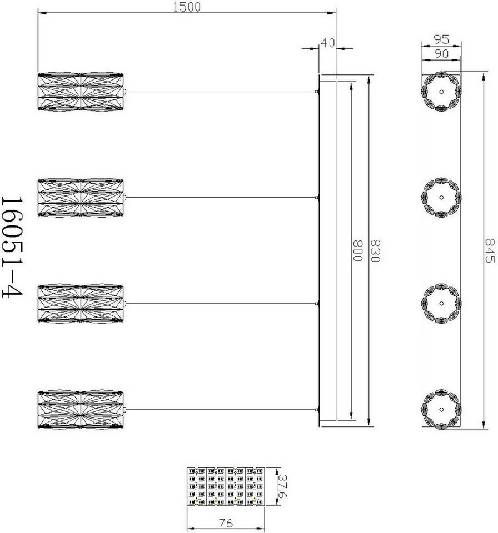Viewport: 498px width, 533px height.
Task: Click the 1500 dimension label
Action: [187, 7]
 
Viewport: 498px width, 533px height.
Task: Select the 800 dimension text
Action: [358, 251]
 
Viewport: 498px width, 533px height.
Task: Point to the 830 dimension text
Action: [375, 251]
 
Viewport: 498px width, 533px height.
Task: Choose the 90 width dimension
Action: [441, 53]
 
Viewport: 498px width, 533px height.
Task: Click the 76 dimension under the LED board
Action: [225, 523]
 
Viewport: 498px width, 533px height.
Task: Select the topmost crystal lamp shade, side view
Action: [81, 91]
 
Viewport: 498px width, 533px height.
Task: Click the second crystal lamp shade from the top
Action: [81, 197]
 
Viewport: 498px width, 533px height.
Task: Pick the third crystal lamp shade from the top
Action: [81, 303]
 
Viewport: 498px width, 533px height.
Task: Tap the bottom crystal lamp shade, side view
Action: [81, 410]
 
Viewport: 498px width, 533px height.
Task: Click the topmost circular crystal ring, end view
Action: [441, 92]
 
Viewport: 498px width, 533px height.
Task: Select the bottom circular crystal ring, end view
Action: [441, 410]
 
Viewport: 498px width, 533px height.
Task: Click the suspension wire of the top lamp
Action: [222, 92]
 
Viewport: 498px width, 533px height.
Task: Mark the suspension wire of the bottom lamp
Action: [222, 410]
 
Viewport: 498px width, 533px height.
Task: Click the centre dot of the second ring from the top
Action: [441, 197]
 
